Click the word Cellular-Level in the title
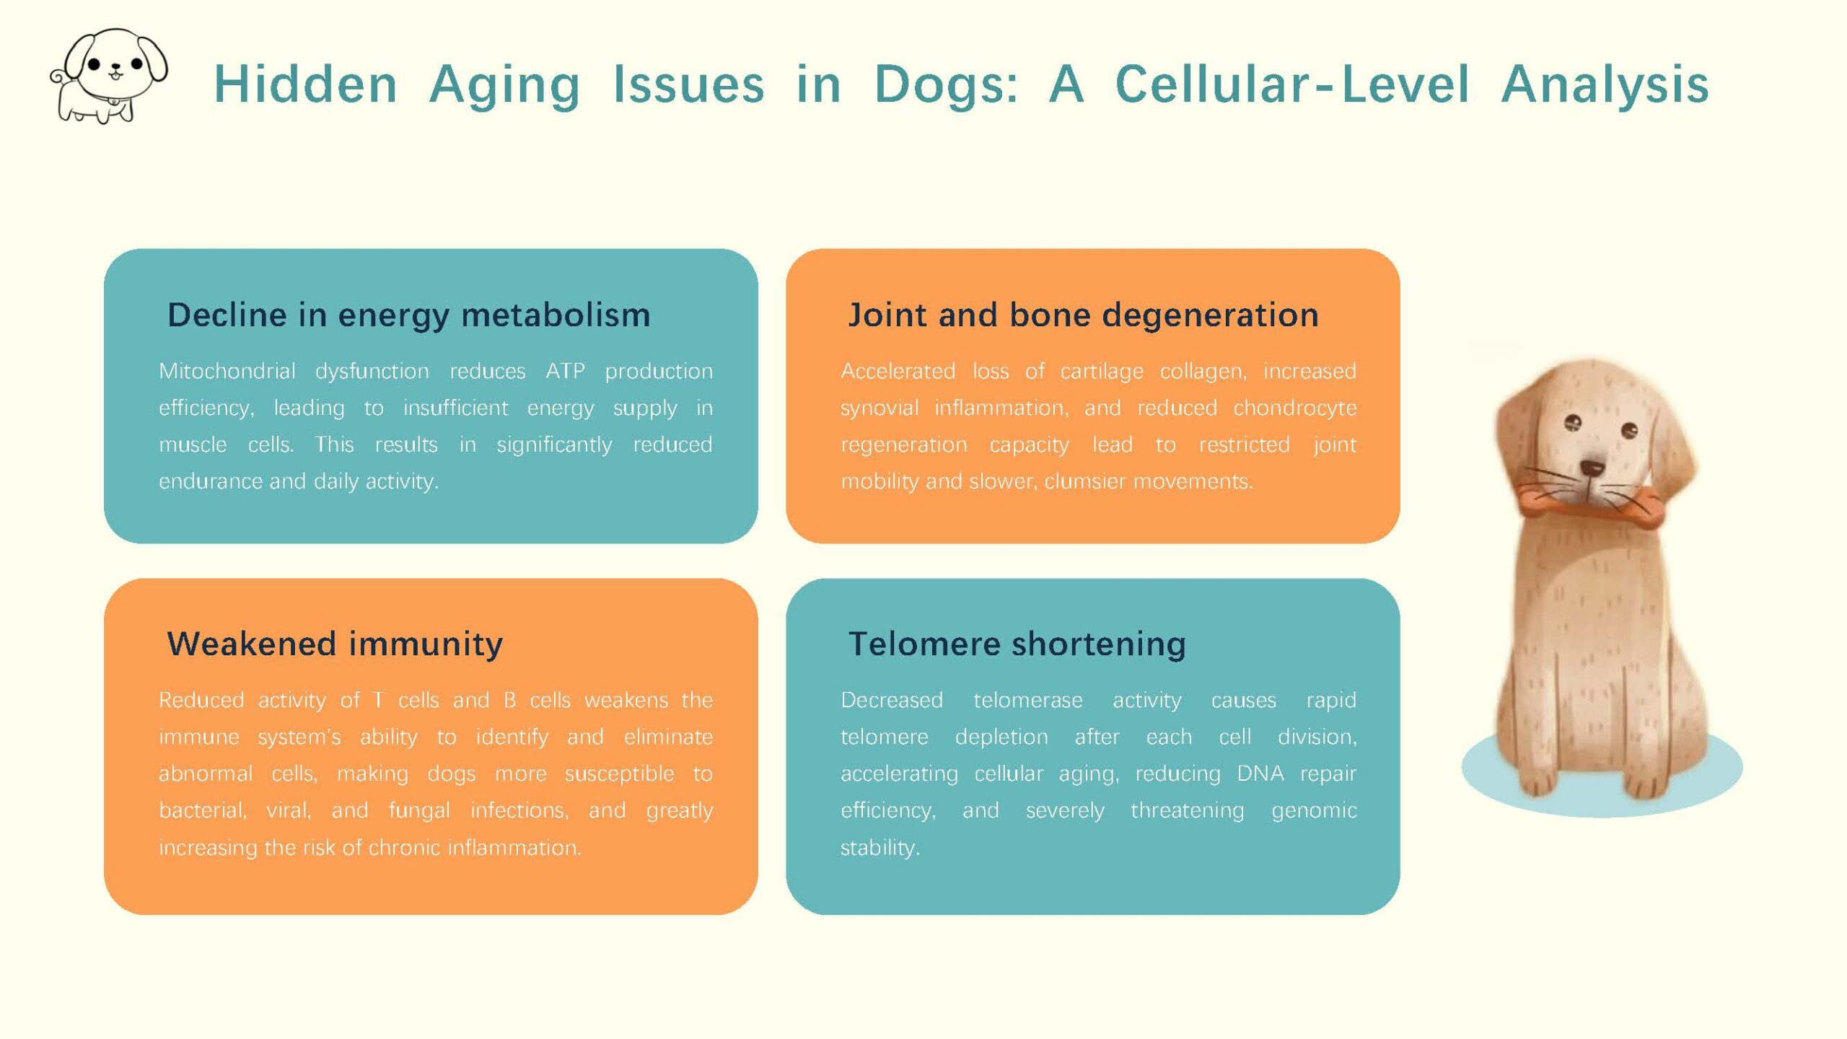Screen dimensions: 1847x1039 click(x=1292, y=84)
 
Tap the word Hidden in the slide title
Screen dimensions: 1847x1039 click(x=305, y=84)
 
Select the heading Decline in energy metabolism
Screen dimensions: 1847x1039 click(x=408, y=315)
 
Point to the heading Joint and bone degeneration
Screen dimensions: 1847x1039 click(x=1083, y=315)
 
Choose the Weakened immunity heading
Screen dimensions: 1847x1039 click(x=335, y=644)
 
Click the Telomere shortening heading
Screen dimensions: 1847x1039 click(x=1017, y=644)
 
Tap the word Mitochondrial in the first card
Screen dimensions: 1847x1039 click(x=227, y=371)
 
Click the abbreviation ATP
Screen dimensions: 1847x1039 click(x=565, y=371)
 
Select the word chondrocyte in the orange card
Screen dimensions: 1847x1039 click(x=1295, y=408)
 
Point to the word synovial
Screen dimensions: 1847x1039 click(x=879, y=408)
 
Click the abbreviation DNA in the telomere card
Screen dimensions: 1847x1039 click(x=1260, y=773)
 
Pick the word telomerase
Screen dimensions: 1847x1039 click(x=1028, y=700)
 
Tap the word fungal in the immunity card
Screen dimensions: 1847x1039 click(x=419, y=810)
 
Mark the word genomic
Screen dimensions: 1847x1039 click(x=1314, y=811)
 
